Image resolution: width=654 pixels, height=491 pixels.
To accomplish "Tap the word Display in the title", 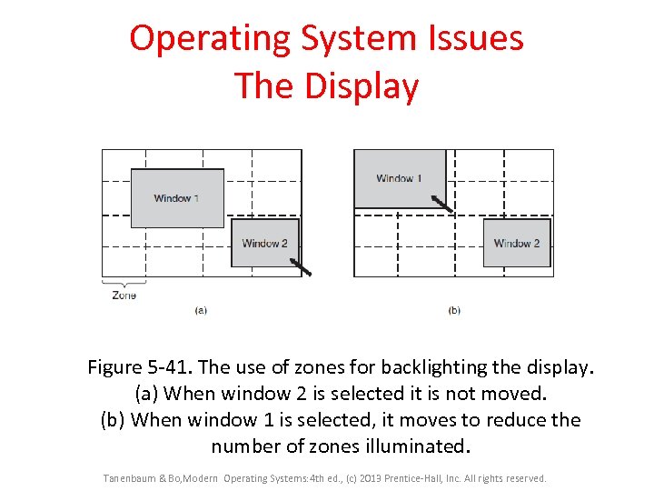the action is pyautogui.click(x=362, y=86).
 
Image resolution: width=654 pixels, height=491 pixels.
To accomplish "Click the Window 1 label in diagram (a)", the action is pyautogui.click(x=176, y=198).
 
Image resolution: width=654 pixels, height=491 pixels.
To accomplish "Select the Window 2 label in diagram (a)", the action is pyautogui.click(x=264, y=243).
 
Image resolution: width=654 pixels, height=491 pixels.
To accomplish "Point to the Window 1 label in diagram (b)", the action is pyautogui.click(x=399, y=178).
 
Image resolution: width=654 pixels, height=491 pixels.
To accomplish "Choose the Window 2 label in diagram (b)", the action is pyautogui.click(x=517, y=243).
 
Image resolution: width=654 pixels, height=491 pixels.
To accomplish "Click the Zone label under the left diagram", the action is pyautogui.click(x=124, y=296).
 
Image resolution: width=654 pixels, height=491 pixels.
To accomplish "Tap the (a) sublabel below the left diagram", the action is pyautogui.click(x=201, y=310).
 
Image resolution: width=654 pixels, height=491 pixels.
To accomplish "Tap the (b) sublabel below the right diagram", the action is pyautogui.click(x=454, y=310).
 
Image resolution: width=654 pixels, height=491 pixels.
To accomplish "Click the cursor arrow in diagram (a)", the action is pyautogui.click(x=300, y=266).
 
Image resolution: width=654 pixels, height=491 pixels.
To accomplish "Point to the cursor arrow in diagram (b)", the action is pyautogui.click(x=441, y=203).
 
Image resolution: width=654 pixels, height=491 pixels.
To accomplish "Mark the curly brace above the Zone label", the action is pyautogui.click(x=124, y=284).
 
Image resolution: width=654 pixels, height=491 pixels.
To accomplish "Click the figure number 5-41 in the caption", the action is pyautogui.click(x=169, y=367).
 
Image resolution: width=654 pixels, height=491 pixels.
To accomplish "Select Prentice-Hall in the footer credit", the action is pyautogui.click(x=414, y=478).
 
